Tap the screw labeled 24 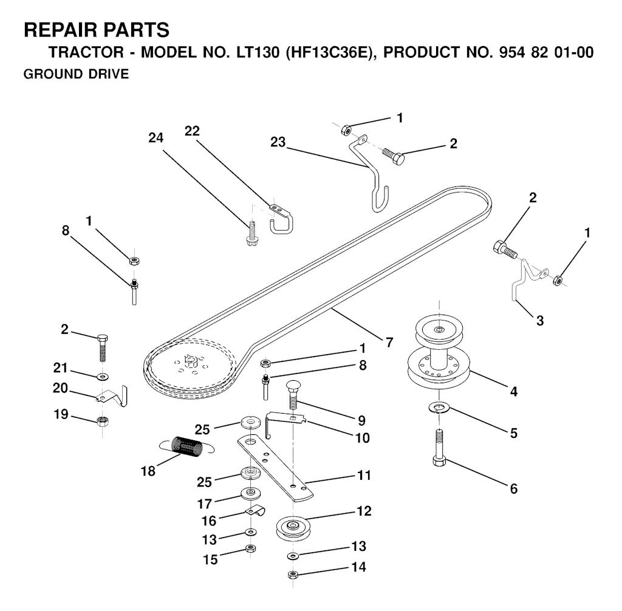pyautogui.click(x=251, y=234)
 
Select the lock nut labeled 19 pyautogui.click(x=102, y=422)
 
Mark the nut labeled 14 pyautogui.click(x=292, y=575)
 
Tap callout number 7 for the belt pyautogui.click(x=389, y=341)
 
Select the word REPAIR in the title pyautogui.click(x=61, y=30)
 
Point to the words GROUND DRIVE pyautogui.click(x=75, y=74)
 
